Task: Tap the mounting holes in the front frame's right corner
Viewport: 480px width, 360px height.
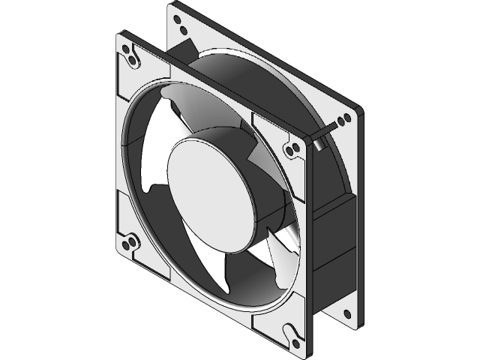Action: tap(292, 146)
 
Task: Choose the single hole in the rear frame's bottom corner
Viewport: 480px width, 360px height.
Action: tap(346, 309)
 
